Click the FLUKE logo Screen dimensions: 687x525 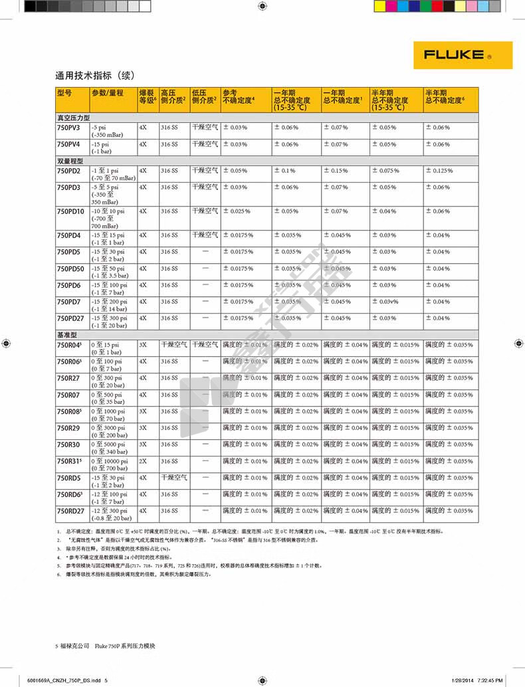[463, 55]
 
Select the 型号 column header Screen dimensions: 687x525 [64, 93]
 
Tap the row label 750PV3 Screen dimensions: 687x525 [68, 127]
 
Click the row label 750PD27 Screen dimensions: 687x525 [70, 318]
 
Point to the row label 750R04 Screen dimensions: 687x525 [69, 345]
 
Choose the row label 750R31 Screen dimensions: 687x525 [69, 461]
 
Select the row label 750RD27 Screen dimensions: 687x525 [70, 511]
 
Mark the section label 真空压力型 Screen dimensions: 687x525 [72, 116]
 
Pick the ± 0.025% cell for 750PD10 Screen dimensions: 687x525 [237, 211]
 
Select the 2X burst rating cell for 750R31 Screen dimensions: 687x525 [143, 461]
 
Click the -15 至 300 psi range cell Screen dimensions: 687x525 [108, 318]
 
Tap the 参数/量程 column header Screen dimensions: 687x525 [108, 93]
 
